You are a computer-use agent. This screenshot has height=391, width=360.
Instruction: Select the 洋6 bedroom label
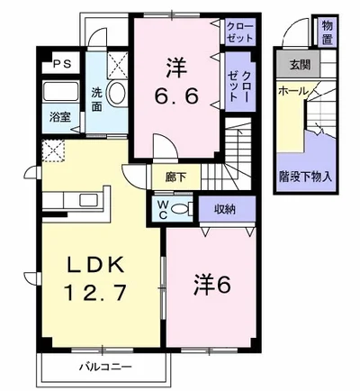213,284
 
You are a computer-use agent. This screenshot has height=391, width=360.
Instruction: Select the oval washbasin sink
116,93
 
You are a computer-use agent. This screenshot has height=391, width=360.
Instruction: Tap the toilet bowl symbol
180,210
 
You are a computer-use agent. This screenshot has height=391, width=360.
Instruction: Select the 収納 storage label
224,209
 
